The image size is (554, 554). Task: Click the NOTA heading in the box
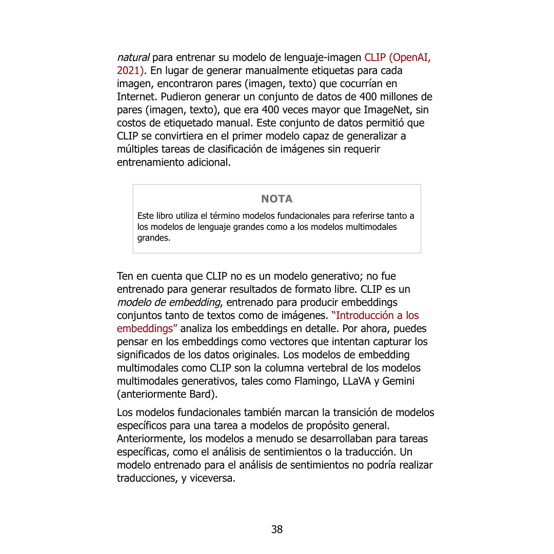click(276, 199)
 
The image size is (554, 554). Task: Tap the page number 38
click(277, 529)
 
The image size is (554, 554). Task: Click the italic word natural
click(133, 57)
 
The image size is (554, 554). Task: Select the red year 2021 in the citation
click(129, 70)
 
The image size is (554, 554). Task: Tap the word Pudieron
click(184, 97)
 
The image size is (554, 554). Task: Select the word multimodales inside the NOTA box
click(372, 227)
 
